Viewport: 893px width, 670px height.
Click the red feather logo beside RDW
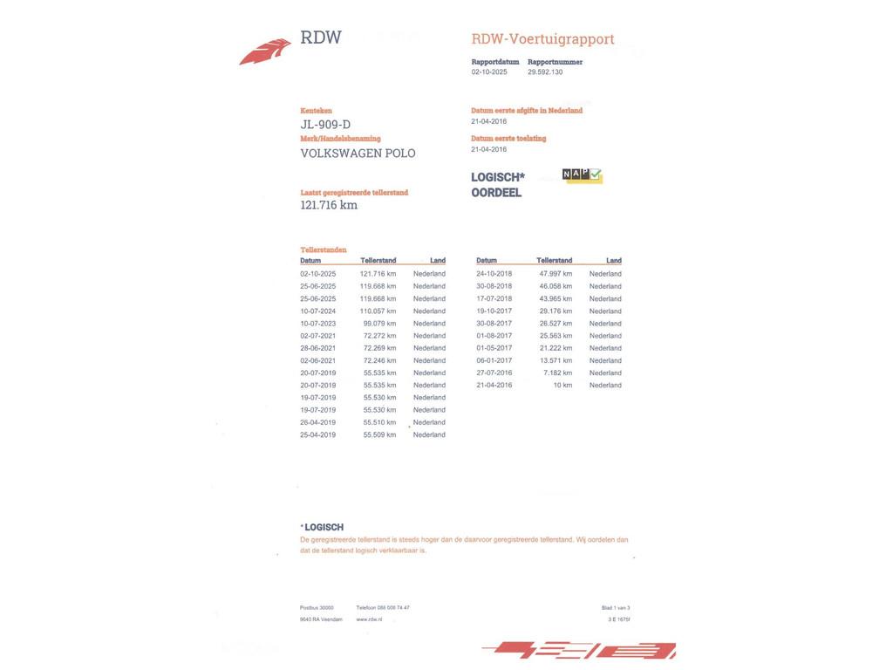(x=265, y=51)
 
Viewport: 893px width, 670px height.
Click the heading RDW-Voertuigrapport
(x=542, y=39)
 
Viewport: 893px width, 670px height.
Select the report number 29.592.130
(x=545, y=72)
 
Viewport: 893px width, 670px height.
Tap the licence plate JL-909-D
(x=325, y=125)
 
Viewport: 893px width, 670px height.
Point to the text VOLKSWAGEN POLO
(x=358, y=154)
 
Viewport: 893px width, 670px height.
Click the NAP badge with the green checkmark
(x=582, y=175)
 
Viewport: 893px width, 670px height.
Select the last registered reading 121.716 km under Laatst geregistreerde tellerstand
(x=329, y=205)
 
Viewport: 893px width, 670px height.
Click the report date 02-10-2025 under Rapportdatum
(x=489, y=72)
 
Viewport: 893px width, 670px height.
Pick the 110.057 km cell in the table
(x=378, y=311)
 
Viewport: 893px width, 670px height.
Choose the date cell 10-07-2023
(x=318, y=324)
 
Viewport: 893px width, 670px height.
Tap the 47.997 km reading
(x=556, y=274)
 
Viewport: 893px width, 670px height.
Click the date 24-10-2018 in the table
(x=494, y=274)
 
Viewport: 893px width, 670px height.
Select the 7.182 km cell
(x=558, y=373)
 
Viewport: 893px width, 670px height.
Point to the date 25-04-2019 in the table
(x=318, y=435)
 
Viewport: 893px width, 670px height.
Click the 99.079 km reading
(x=379, y=324)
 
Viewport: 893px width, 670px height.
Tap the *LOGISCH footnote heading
(x=322, y=528)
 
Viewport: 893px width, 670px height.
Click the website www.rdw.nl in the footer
(x=369, y=619)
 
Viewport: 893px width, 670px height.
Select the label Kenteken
(x=316, y=111)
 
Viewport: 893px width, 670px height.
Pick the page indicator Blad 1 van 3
(x=616, y=608)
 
